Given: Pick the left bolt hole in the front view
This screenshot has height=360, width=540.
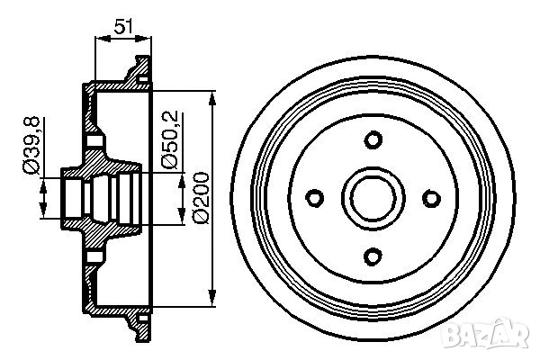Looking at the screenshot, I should [314, 198].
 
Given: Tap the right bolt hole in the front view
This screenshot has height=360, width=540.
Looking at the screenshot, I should [431, 198].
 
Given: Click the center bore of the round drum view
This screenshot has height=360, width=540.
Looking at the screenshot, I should [373, 198].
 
